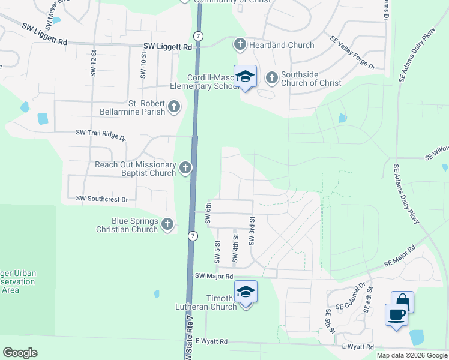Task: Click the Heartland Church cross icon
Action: (x=240, y=44)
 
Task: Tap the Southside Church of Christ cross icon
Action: (x=271, y=77)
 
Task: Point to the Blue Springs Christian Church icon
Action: (x=167, y=225)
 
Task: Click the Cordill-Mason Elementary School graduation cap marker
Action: (x=245, y=77)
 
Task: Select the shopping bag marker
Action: (x=402, y=302)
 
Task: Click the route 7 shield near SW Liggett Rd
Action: (x=199, y=37)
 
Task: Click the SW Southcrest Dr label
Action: (x=102, y=199)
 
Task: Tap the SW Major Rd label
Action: (x=214, y=276)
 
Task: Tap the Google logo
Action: (x=20, y=353)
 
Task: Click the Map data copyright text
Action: (x=412, y=355)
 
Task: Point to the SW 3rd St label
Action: (x=252, y=231)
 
